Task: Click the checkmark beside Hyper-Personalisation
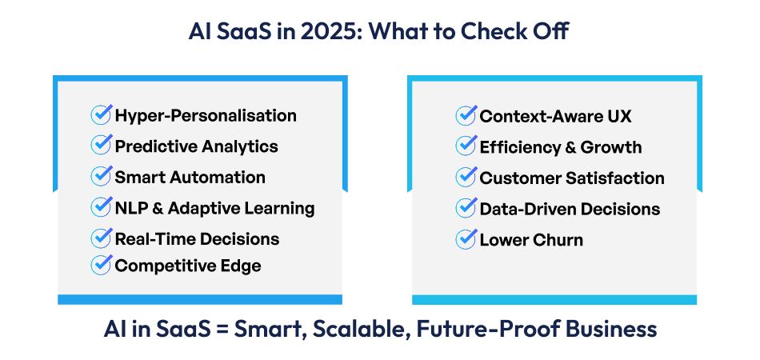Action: [x=101, y=114]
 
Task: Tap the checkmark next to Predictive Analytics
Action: [x=101, y=146]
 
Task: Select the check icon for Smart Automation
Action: [x=101, y=176]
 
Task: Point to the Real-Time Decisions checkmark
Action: [x=101, y=238]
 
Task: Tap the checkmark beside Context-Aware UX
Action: [x=466, y=115]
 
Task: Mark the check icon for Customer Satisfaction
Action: [x=466, y=177]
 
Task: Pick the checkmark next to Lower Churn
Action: [x=466, y=238]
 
